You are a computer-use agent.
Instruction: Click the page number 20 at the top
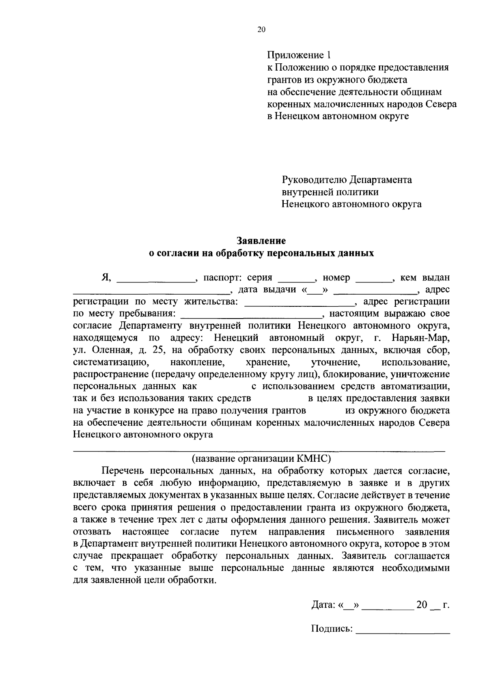click(x=261, y=29)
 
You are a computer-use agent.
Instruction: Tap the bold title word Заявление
click(x=261, y=241)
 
